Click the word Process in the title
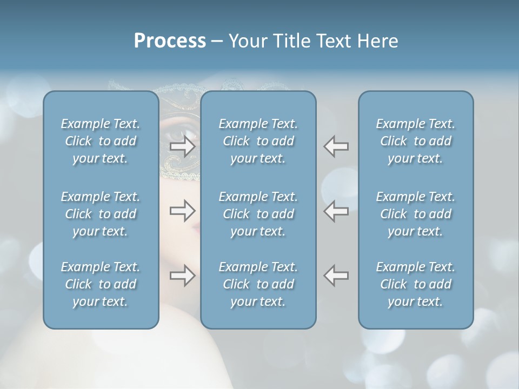(x=170, y=41)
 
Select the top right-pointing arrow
(x=182, y=146)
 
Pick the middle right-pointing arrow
(x=182, y=210)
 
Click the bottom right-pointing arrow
(x=182, y=275)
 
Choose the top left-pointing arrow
(x=336, y=146)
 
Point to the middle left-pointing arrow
(x=336, y=210)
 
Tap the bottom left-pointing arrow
(x=336, y=275)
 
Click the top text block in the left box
(x=101, y=141)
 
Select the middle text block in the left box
(x=101, y=214)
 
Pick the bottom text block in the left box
(x=101, y=284)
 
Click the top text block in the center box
(x=258, y=141)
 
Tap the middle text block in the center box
(x=258, y=214)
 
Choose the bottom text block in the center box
(x=258, y=284)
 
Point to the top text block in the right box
(x=416, y=141)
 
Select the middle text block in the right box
(x=416, y=214)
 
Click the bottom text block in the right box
(x=416, y=284)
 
